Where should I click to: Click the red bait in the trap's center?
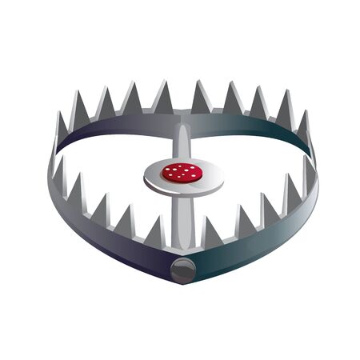click(182, 172)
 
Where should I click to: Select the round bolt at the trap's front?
click(182, 270)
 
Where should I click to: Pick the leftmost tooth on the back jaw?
click(62, 132)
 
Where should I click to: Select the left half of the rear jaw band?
click(112, 128)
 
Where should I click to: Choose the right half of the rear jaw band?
click(256, 128)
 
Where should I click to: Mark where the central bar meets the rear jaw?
click(182, 122)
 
